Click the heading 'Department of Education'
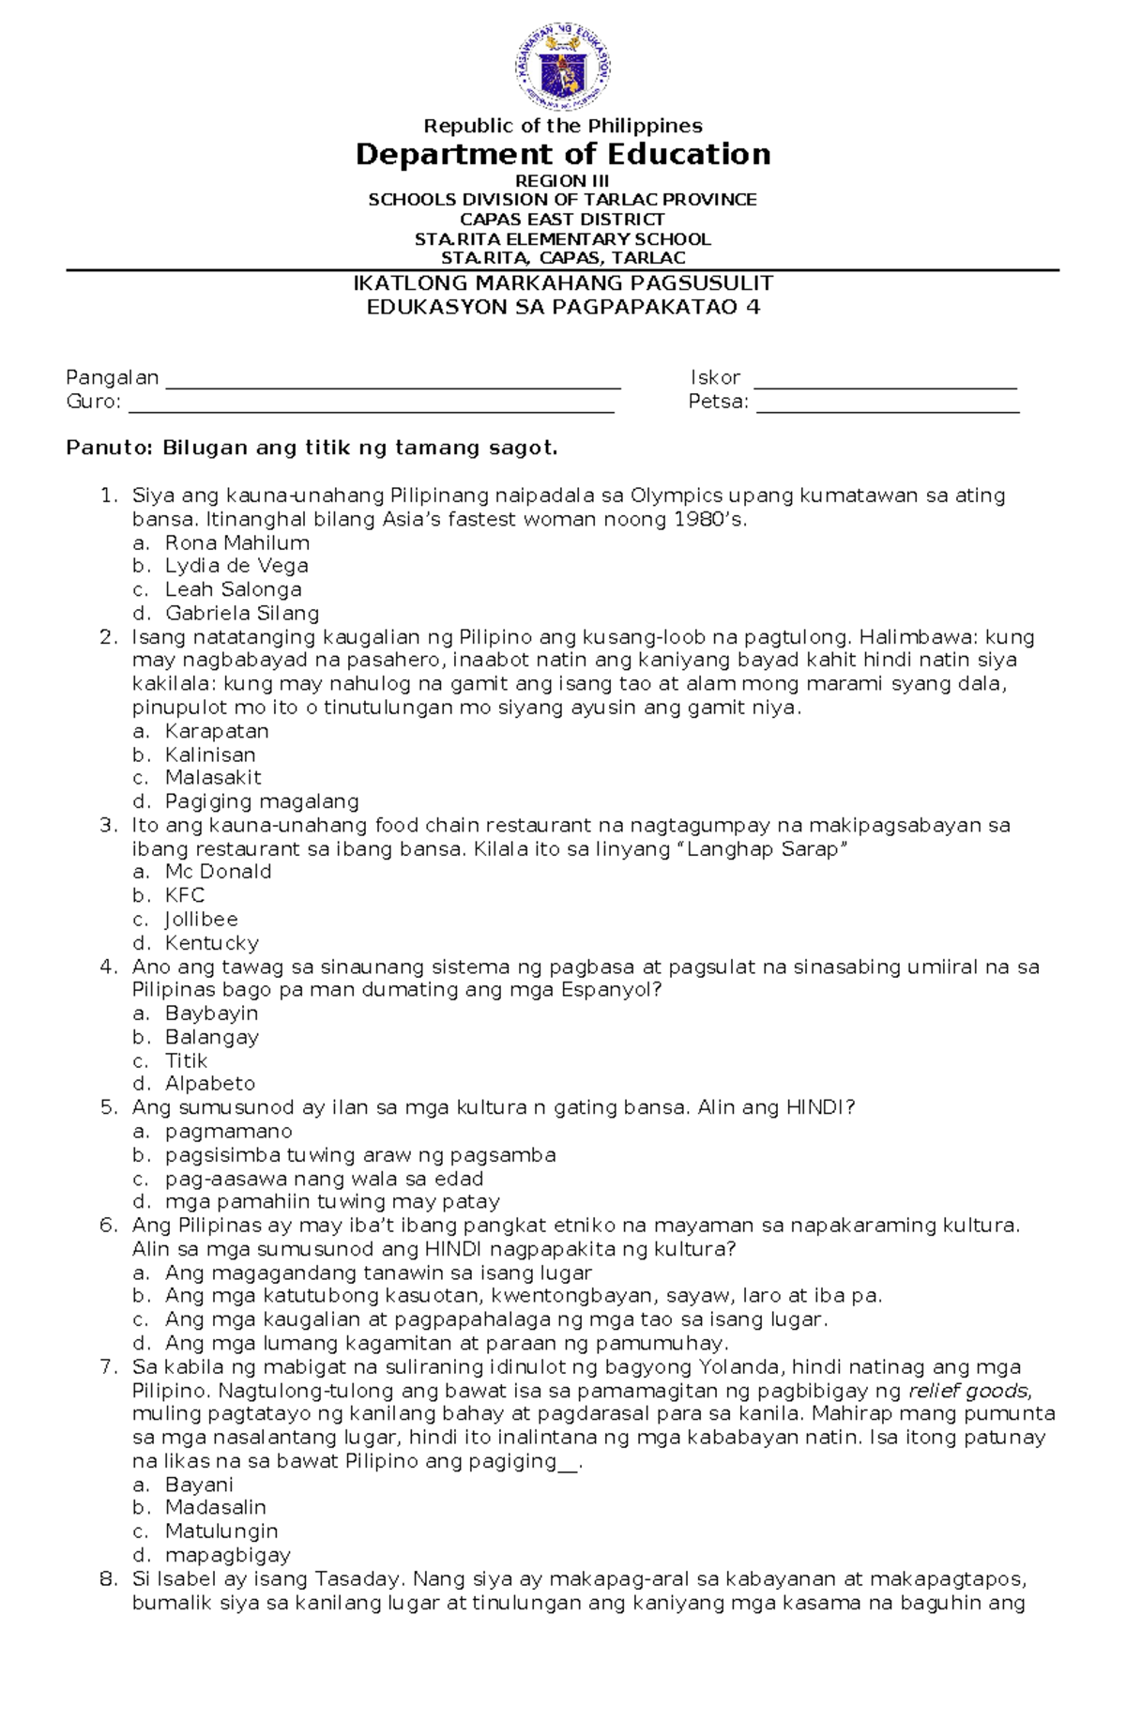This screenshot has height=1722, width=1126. point(563,154)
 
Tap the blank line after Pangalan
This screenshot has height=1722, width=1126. point(392,385)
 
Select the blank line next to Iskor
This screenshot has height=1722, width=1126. point(885,385)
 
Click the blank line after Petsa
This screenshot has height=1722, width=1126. point(887,409)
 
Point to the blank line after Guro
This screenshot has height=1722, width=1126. point(371,409)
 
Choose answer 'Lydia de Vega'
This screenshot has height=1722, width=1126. point(236,566)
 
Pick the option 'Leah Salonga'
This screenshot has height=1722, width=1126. point(233,589)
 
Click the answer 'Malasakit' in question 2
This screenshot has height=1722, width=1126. point(213,777)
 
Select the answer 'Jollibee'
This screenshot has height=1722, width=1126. point(201,920)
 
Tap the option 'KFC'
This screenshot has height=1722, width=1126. point(185,895)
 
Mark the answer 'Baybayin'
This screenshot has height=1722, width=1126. point(211,1013)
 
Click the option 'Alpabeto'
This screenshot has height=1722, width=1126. point(210,1084)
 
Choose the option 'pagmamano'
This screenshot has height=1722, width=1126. point(229,1132)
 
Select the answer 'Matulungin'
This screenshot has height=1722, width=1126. point(221,1532)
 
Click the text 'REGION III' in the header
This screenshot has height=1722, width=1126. point(562,180)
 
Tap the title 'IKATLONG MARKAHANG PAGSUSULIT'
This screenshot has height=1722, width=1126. point(562,283)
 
